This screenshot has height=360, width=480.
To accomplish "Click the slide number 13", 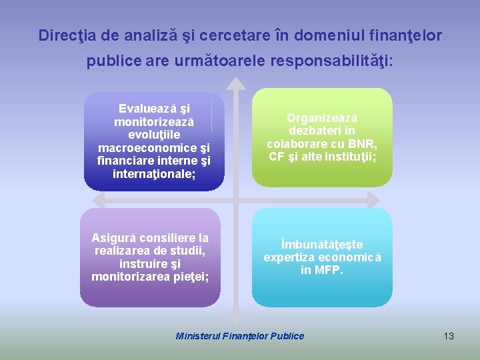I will (449, 336).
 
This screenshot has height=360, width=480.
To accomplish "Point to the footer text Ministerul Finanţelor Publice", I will (239, 336).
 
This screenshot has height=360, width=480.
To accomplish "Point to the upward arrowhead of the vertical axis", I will (235, 83).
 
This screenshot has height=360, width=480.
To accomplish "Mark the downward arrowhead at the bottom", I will (235, 317).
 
